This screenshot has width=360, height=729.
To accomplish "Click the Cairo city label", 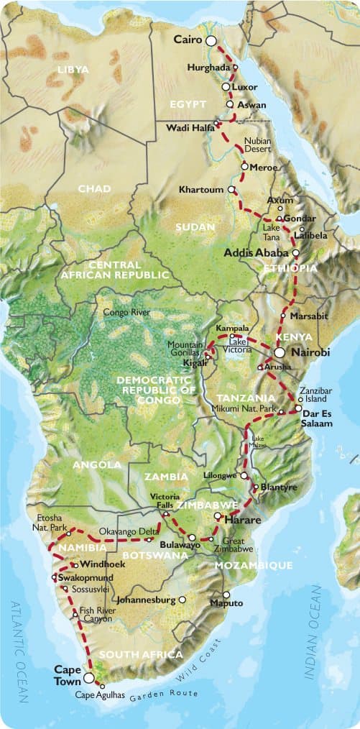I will click(x=188, y=41).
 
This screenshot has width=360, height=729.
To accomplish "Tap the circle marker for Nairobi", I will click(x=279, y=352).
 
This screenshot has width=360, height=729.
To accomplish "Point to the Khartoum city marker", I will click(x=231, y=190).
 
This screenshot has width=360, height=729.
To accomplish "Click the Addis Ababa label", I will click(x=257, y=253).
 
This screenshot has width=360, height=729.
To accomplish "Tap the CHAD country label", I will click(x=94, y=188).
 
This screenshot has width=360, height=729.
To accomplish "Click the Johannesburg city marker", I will click(x=182, y=599).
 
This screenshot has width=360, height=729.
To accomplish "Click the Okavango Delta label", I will click(x=128, y=532).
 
